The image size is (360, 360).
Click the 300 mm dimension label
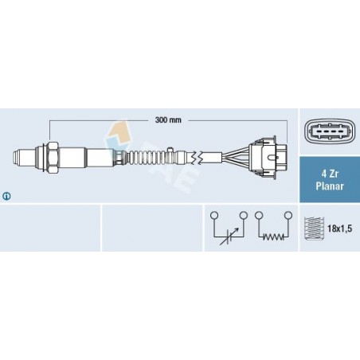coord(168,120)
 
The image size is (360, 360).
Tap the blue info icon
coord(6,196)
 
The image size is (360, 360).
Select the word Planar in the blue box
coord(330,186)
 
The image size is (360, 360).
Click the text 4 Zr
coord(330,174)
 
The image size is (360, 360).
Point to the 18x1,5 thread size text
coord(339,229)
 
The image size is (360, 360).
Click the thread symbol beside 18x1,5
coord(314,229)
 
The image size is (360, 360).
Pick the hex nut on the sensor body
coord(53,157)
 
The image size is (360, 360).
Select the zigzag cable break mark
coord(198,158)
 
